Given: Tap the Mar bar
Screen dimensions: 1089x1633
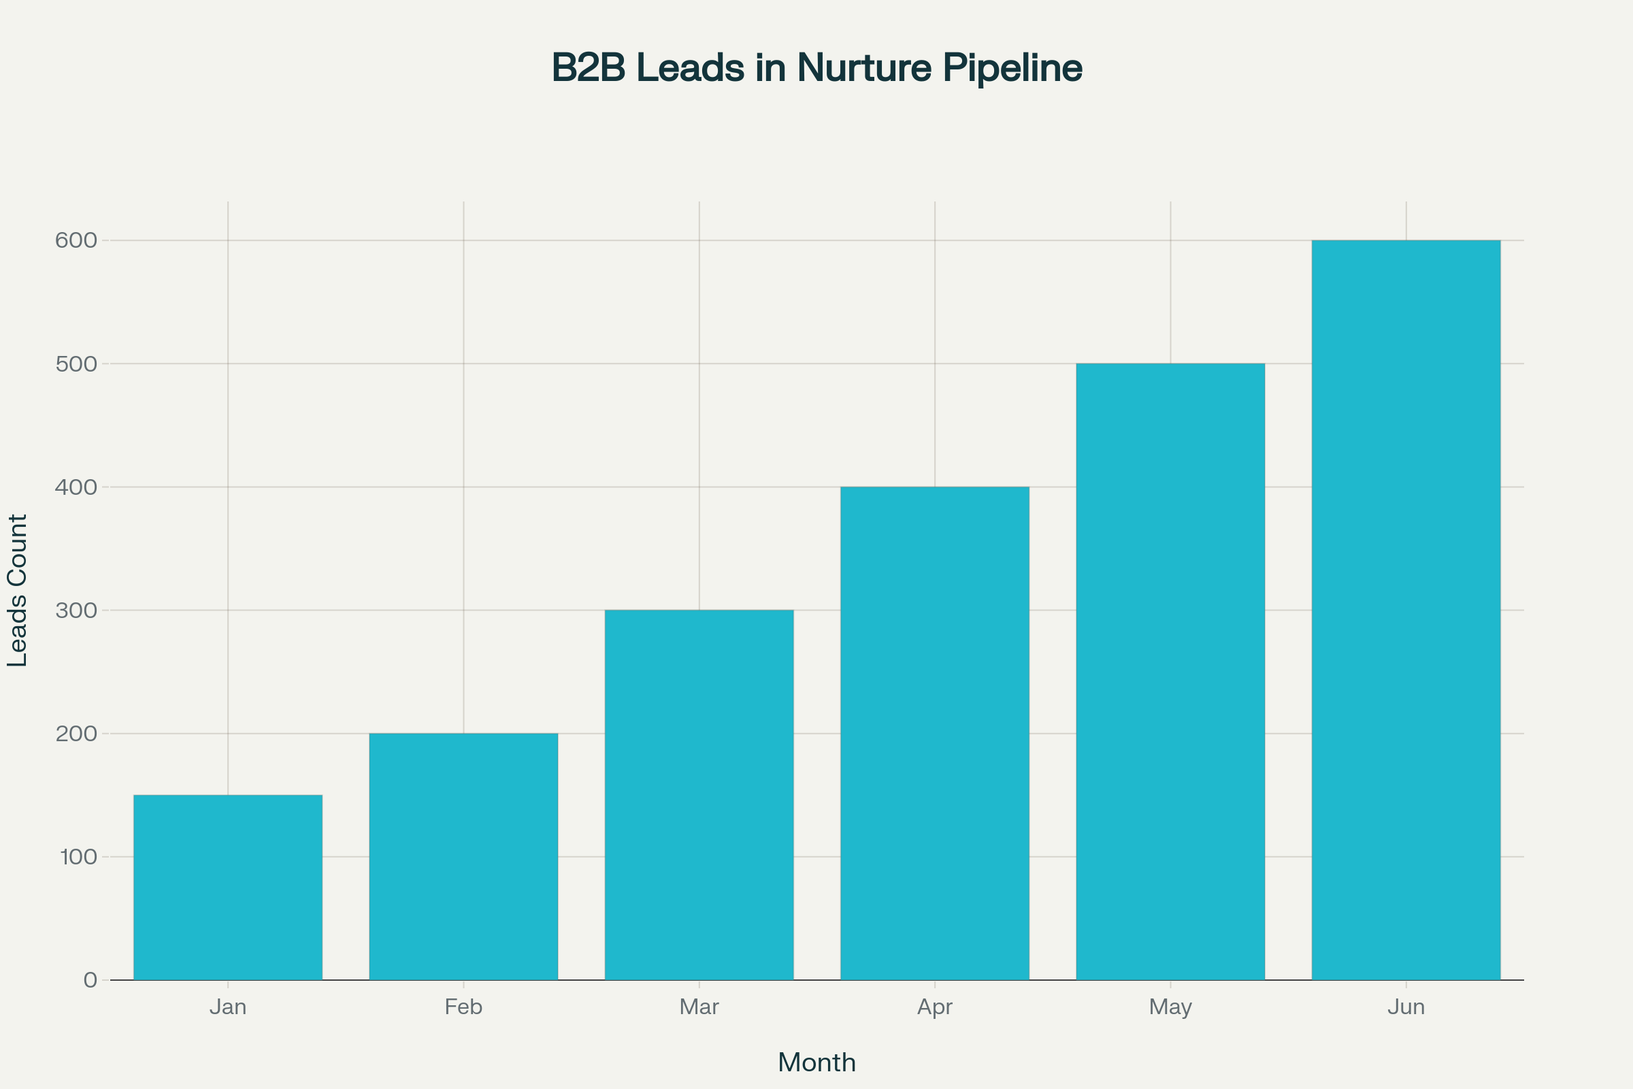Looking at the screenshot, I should pyautogui.click(x=699, y=794).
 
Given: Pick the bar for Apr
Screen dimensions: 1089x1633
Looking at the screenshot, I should pyautogui.click(x=934, y=734).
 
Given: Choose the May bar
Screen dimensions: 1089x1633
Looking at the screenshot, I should pyautogui.click(x=1170, y=672).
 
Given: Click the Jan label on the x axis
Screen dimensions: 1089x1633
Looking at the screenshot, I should pyautogui.click(x=228, y=1007).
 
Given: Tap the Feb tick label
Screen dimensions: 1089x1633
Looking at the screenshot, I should pyautogui.click(x=463, y=1007).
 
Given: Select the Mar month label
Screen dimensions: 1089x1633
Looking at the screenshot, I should pyautogui.click(x=699, y=1007).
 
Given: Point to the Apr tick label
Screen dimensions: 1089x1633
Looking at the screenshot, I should pyautogui.click(x=934, y=1007).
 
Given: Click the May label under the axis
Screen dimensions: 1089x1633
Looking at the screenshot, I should pyautogui.click(x=1170, y=1007).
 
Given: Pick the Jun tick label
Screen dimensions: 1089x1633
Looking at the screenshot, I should pyautogui.click(x=1406, y=1007).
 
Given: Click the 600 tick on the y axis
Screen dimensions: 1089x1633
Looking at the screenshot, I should pyautogui.click(x=76, y=240).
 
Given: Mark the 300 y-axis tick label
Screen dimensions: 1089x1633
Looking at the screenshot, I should pyautogui.click(x=76, y=611).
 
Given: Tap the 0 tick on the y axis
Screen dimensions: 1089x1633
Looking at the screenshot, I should pyautogui.click(x=90, y=980).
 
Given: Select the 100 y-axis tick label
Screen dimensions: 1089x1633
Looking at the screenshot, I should pyautogui.click(x=78, y=857).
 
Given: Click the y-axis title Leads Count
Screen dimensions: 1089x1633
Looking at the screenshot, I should pyautogui.click(x=16, y=590).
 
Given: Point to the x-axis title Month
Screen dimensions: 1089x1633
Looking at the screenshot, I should pyautogui.click(x=816, y=1062).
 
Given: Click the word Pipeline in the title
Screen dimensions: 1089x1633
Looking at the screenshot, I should pyautogui.click(x=1012, y=68).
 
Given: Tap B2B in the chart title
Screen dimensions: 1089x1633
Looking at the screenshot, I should pyautogui.click(x=588, y=68).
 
